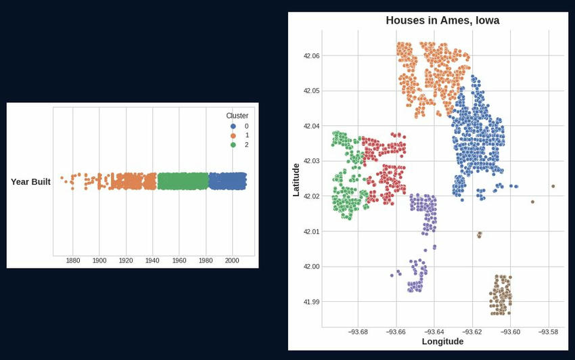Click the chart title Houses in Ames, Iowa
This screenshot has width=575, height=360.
442,21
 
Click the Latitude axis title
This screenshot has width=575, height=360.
296,179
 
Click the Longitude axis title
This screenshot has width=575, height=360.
442,342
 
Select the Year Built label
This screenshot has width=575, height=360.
30,182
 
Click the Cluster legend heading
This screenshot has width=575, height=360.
237,116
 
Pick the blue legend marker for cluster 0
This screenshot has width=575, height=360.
233,126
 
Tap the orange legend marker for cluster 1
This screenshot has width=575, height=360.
233,135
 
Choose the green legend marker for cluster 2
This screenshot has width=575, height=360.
233,145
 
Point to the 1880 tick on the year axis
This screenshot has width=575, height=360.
73,261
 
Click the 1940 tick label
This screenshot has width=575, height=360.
152,261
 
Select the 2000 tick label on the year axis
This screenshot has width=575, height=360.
232,261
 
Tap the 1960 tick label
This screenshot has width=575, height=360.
179,261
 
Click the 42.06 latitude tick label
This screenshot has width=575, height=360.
311,55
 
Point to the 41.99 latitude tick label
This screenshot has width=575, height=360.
311,302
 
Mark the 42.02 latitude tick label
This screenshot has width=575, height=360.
311,196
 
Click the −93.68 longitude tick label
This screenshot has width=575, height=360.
357,332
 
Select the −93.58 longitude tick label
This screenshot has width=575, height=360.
548,332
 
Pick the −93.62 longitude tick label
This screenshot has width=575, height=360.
471,332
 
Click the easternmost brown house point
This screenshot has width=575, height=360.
553,186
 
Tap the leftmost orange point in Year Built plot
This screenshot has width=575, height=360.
62,178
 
